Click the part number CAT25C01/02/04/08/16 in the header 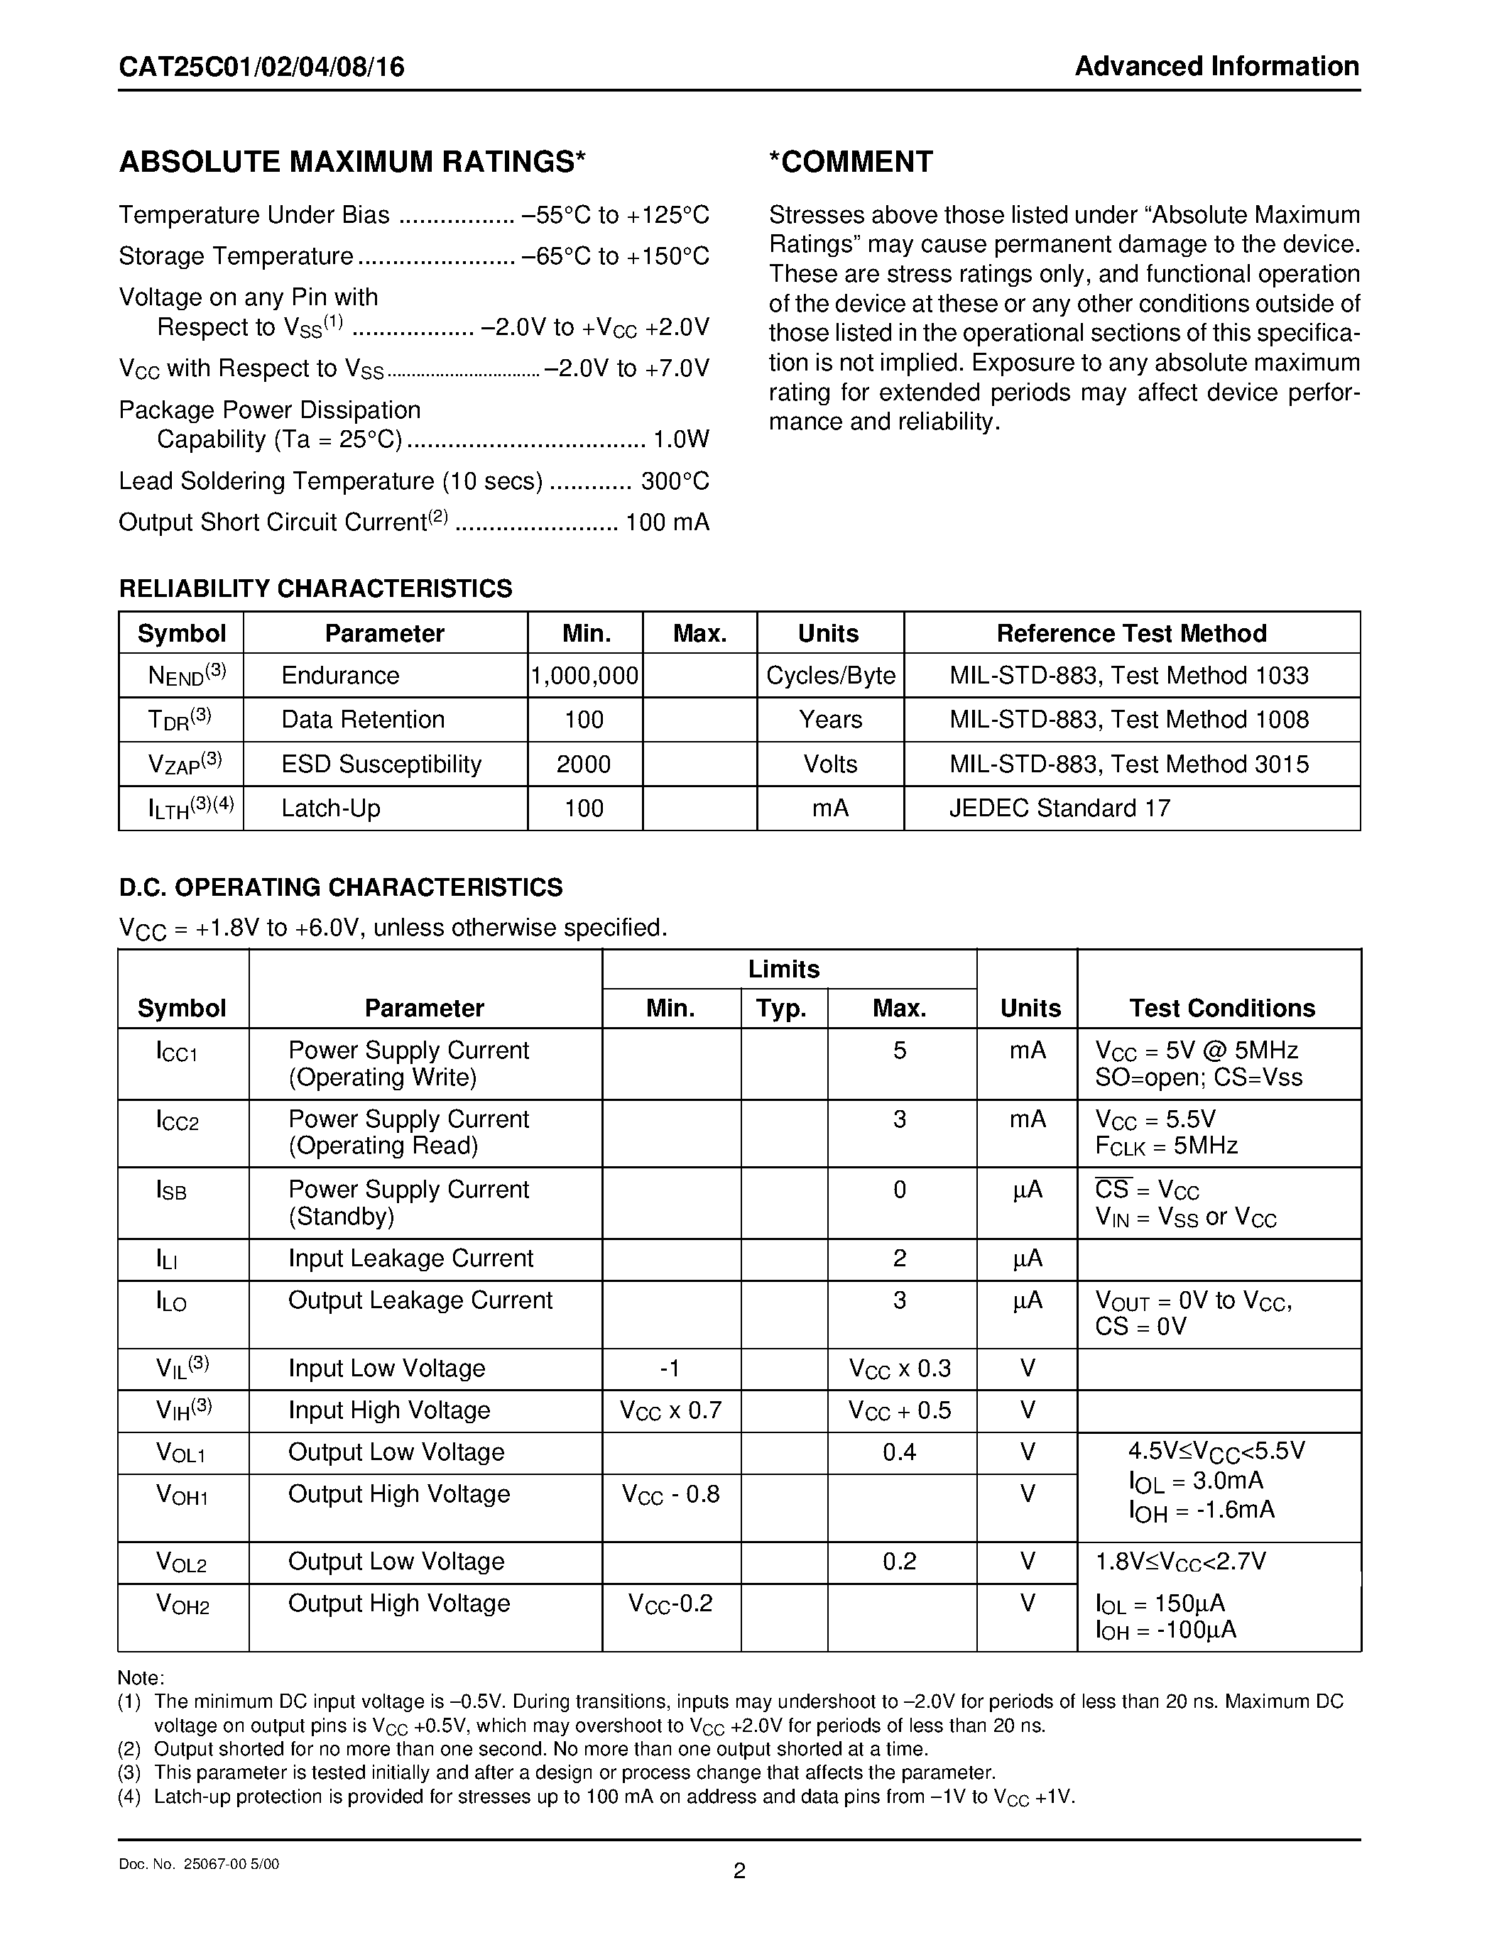261,67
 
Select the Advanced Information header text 1216,66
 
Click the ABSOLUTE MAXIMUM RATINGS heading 352,162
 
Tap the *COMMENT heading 850,162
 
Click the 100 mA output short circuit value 667,522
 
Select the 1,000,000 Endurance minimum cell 584,676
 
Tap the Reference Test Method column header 1131,634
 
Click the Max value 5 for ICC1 899,1051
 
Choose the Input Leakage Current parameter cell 410,1259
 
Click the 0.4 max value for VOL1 899,1452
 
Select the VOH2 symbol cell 183,1604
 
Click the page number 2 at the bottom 739,1870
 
